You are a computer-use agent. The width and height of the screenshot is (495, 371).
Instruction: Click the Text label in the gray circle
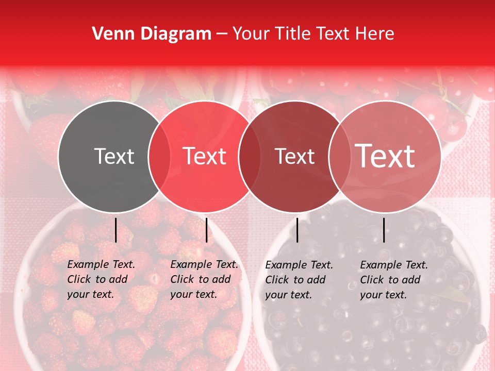[114, 156]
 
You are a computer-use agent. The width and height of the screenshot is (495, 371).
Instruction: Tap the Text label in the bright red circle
[205, 156]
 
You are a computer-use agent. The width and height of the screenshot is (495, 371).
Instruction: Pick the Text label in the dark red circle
[294, 156]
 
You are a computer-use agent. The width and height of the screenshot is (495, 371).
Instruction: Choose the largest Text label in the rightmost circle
[385, 156]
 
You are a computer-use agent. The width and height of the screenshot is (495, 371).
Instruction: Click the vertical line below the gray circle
[115, 230]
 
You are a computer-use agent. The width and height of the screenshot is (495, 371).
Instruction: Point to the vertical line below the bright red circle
[206, 230]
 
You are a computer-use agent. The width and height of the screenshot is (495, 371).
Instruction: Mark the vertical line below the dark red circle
[297, 230]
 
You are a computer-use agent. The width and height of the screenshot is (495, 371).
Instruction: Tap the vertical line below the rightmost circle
[384, 230]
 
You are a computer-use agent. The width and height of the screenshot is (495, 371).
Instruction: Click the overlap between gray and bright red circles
[159, 156]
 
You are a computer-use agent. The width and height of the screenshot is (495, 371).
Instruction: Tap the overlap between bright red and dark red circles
[250, 156]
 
